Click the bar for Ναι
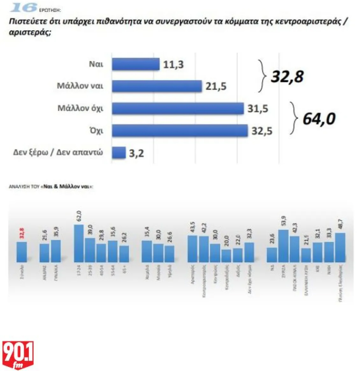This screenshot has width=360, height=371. tap(135, 64)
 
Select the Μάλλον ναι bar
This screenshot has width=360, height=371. tap(157, 86)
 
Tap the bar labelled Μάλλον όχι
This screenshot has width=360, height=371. tap(178, 108)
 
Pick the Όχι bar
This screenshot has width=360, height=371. tap(180, 130)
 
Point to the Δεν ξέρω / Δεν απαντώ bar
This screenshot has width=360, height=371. tap(119, 153)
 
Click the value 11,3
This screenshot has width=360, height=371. tap(173, 65)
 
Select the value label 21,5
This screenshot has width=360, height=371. tap(216, 86)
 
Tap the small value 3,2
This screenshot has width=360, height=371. tap(136, 153)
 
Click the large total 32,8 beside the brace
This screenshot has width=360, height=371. tap(287, 77)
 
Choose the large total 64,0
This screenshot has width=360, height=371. tap(319, 119)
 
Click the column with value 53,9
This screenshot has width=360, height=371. tap(284, 246)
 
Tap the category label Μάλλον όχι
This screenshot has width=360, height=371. tap(80, 108)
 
